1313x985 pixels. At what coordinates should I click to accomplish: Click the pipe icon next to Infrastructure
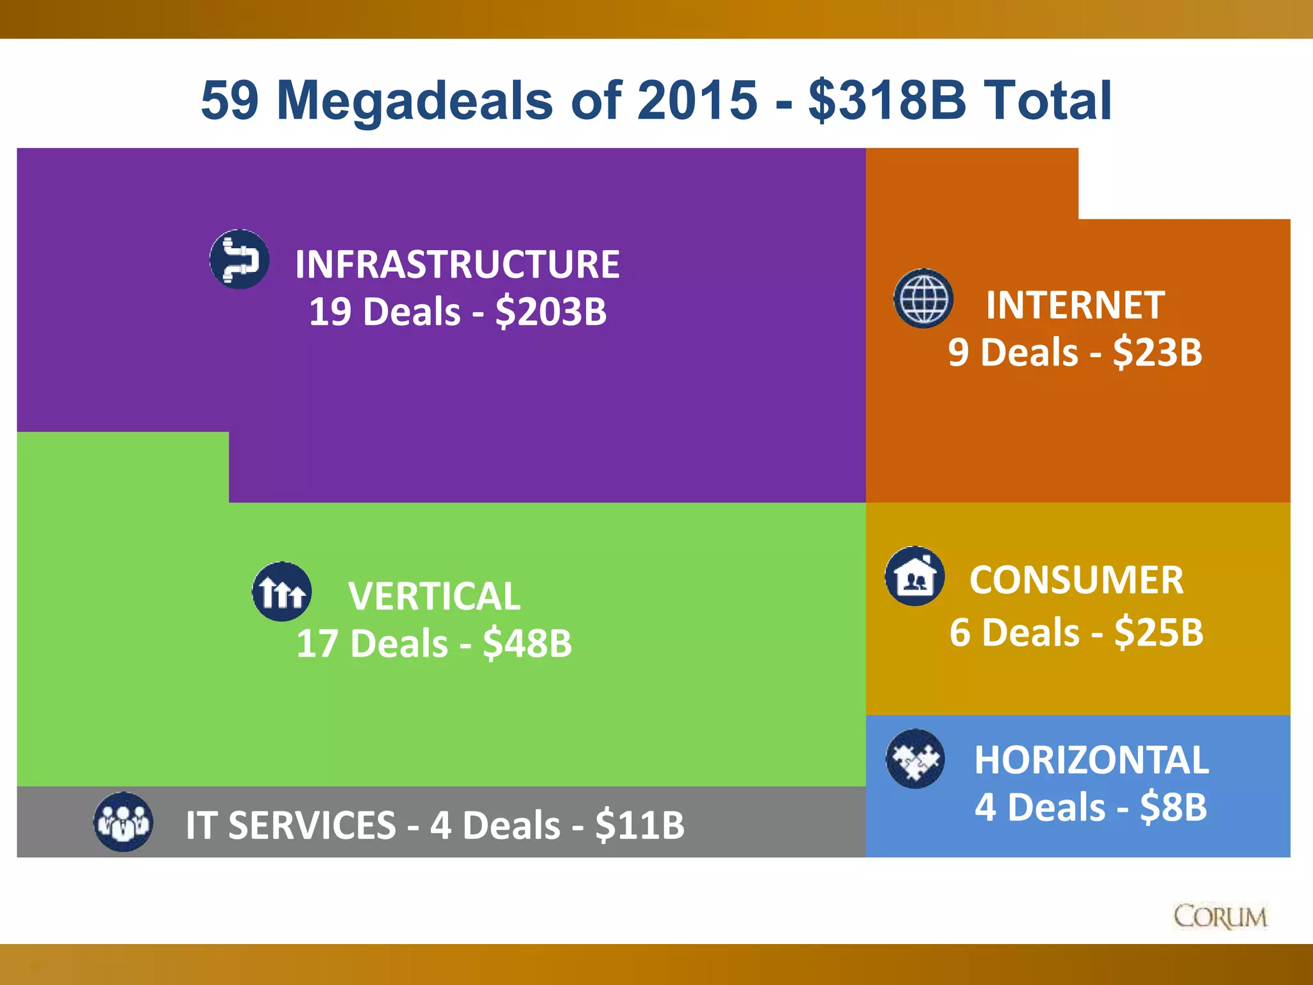[239, 259]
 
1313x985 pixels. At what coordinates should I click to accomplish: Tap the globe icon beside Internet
[923, 298]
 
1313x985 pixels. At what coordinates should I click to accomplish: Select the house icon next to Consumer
[915, 576]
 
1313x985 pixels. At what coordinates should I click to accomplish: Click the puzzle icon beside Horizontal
[915, 759]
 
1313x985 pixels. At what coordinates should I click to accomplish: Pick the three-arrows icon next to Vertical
[282, 591]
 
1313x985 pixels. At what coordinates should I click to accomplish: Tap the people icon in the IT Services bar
[123, 821]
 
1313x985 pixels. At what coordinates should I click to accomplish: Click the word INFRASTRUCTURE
[457, 264]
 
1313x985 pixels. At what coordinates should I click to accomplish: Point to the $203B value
[551, 312]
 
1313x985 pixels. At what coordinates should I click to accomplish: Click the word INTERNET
[1075, 305]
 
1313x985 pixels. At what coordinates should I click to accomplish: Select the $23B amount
[1157, 352]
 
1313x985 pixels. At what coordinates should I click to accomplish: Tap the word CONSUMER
[1076, 580]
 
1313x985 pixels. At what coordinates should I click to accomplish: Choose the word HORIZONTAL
[1091, 760]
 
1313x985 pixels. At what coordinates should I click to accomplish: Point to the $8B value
[1173, 807]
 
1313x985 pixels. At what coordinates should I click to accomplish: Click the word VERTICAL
[434, 596]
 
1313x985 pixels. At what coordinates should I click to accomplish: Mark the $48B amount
[527, 643]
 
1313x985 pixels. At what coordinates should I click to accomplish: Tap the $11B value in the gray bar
[640, 825]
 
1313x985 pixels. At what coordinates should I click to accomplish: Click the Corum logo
[1220, 917]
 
